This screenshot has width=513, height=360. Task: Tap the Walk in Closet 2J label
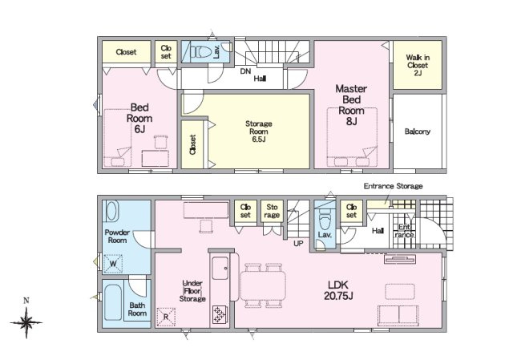pos(418,65)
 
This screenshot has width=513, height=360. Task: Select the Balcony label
pos(417,131)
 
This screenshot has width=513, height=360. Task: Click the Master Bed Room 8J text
pos(351,105)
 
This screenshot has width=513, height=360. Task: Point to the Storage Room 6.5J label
pos(258,131)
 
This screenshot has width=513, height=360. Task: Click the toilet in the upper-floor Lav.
pos(201,51)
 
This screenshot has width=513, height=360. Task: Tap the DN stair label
pos(245,71)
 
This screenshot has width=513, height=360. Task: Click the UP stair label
pos(298,243)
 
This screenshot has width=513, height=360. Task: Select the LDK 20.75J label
pos(338,290)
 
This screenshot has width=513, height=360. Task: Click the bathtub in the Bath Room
pos(113,303)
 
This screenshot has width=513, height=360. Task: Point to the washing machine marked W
pos(113,264)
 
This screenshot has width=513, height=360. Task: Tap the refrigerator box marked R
pos(166,317)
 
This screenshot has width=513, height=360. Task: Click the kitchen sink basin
pos(220,268)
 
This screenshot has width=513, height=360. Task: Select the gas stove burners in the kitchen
pos(219,314)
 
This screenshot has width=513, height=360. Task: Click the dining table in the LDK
pos(263,285)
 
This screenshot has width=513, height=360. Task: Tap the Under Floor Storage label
pos(192,291)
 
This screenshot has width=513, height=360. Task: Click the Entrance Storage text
pos(394,186)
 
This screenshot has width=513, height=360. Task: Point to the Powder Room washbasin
pos(111,211)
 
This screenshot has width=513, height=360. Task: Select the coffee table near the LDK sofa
pos(400,291)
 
